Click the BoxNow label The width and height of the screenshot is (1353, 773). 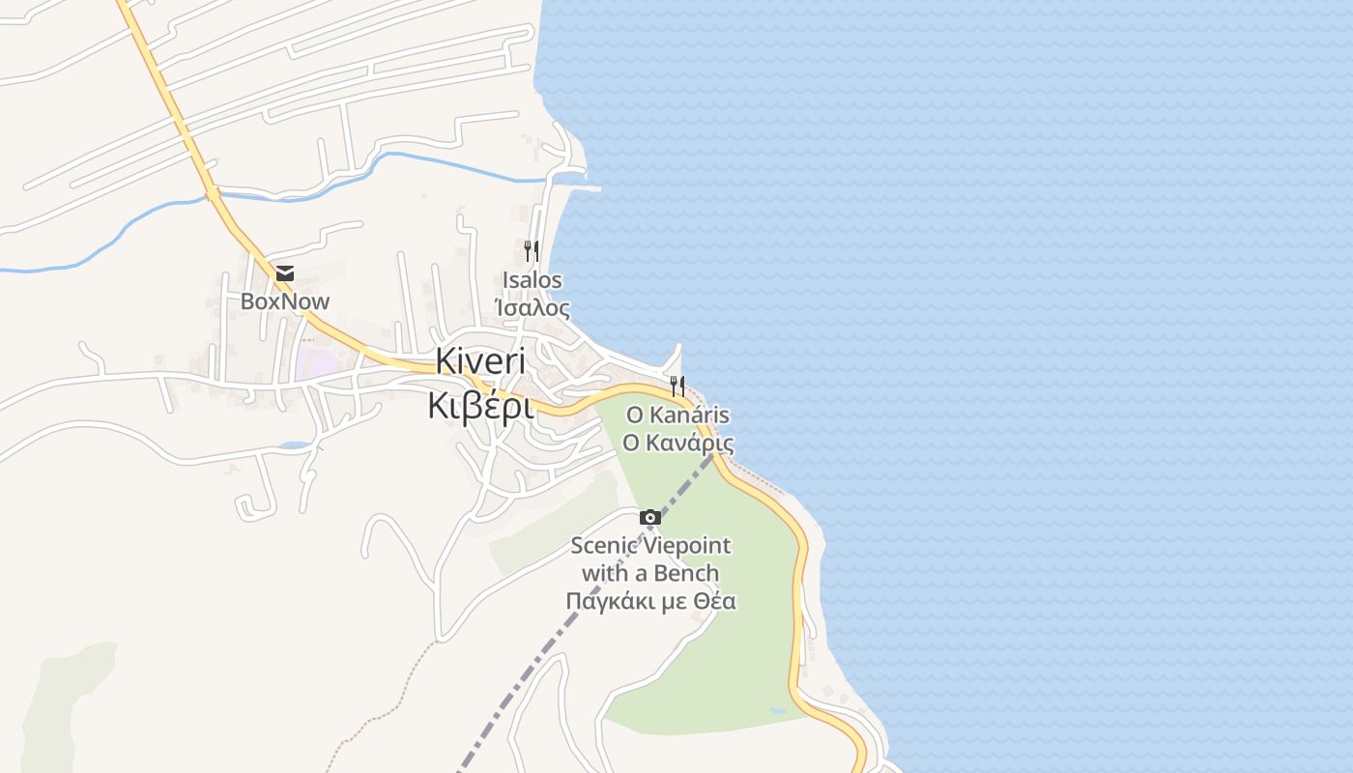285,301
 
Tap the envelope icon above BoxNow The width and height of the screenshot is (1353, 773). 285,273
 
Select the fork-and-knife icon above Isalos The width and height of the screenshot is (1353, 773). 532,251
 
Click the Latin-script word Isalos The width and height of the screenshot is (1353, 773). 532,280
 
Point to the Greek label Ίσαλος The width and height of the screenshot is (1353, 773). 532,309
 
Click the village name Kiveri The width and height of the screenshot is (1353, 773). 480,361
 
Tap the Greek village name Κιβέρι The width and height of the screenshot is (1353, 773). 480,407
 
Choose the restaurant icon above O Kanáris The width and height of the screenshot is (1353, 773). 677,386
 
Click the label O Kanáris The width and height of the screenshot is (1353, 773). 677,415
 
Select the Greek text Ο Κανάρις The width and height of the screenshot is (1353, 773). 677,444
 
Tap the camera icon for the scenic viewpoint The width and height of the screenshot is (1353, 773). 650,518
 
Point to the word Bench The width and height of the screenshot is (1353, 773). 686,573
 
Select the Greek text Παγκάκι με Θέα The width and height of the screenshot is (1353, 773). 650,601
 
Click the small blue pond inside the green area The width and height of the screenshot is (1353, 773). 777,711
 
